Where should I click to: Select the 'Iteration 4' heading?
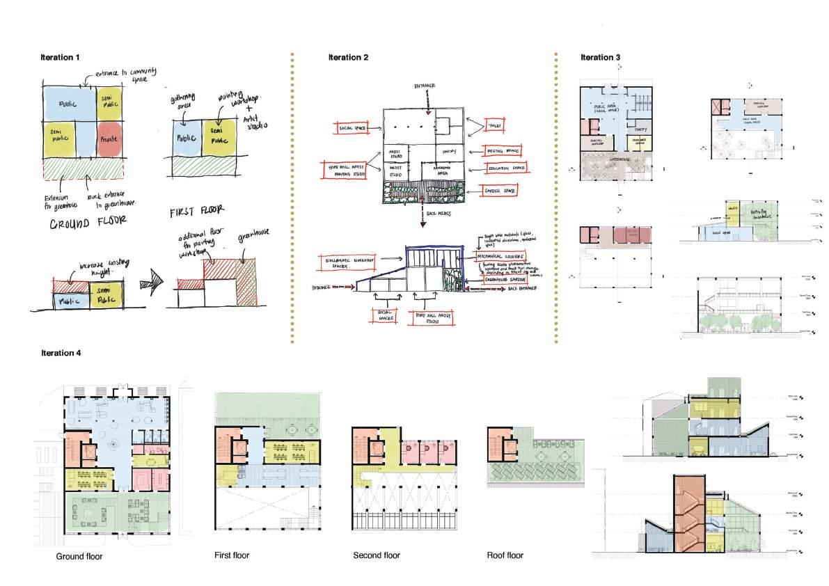[61, 353]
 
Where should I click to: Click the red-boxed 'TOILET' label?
[495, 125]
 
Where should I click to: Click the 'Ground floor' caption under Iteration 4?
[79, 557]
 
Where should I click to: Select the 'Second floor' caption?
[377, 555]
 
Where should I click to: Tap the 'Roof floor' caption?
[505, 555]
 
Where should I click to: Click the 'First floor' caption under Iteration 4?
[232, 555]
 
